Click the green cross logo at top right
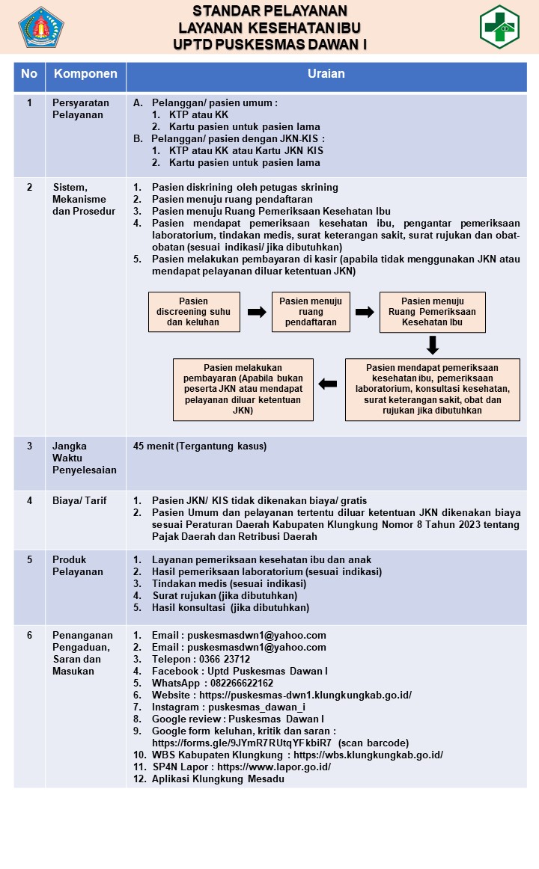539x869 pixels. pyautogui.click(x=499, y=27)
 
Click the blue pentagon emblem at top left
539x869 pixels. pyautogui.click(x=41, y=27)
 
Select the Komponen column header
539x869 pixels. pyautogui.click(x=85, y=74)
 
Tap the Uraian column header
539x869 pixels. pyautogui.click(x=326, y=74)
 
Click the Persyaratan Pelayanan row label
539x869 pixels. pyautogui.click(x=80, y=108)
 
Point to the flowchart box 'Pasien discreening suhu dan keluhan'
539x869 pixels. pyautogui.click(x=194, y=311)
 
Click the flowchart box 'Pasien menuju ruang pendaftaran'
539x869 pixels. pyautogui.click(x=311, y=311)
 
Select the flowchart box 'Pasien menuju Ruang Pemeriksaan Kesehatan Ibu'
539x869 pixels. pyautogui.click(x=433, y=312)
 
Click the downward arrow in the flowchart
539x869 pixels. pyautogui.click(x=433, y=346)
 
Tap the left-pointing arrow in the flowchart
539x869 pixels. pyautogui.click(x=328, y=384)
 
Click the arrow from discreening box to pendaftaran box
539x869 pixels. pyautogui.click(x=257, y=311)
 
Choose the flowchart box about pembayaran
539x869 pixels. pyautogui.click(x=243, y=389)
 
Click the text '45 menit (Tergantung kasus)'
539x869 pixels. pyautogui.click(x=200, y=446)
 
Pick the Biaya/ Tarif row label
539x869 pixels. pyautogui.click(x=79, y=500)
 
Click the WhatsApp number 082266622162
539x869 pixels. pyautogui.click(x=242, y=684)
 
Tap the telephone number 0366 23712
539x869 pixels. pyautogui.click(x=225, y=660)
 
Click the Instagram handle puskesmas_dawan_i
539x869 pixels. pyautogui.click(x=257, y=707)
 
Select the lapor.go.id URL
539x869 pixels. pyautogui.click(x=274, y=767)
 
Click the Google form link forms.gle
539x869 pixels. pyautogui.click(x=242, y=743)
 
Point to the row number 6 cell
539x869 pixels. pyautogui.click(x=30, y=635)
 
